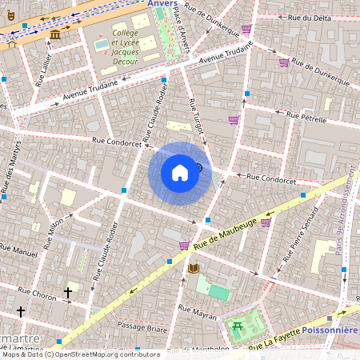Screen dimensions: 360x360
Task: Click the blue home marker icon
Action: coord(179,173)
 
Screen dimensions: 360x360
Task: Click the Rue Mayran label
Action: coord(197,312)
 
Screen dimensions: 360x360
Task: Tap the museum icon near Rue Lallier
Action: coord(54,35)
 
